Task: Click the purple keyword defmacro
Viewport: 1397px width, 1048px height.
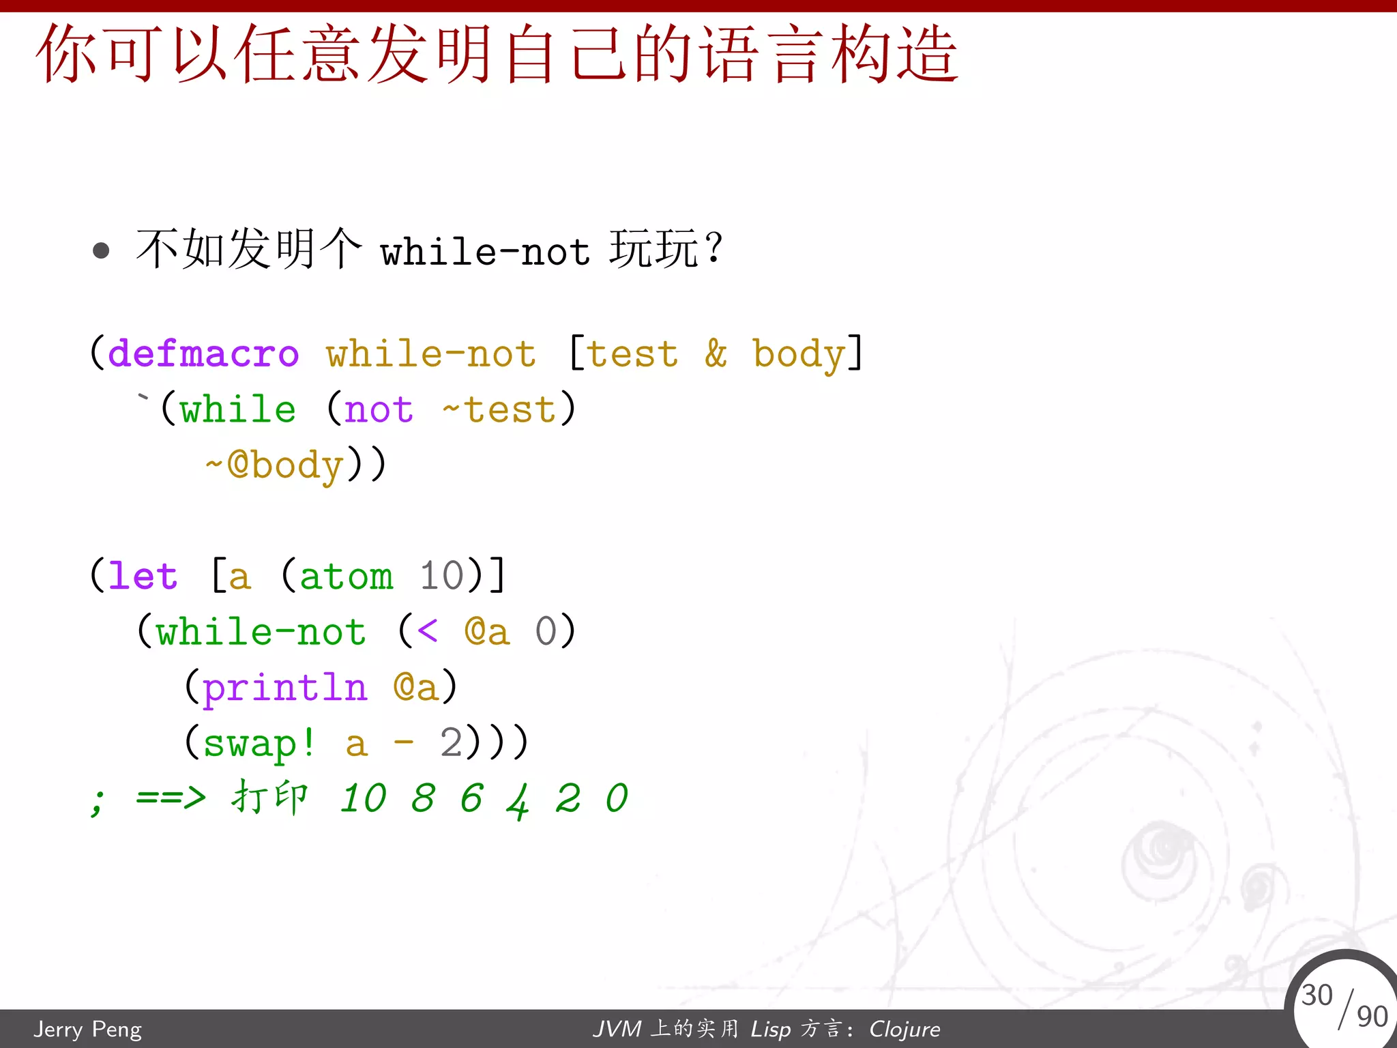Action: coord(203,354)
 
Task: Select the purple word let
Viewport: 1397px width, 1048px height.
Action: coord(143,576)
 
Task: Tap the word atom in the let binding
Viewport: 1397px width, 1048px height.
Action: coord(346,576)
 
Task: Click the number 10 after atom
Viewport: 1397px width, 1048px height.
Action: coord(441,576)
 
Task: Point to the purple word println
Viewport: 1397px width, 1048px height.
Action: coord(285,688)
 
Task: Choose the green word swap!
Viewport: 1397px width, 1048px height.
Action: coord(259,743)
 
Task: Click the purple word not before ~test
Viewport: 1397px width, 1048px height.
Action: coord(379,410)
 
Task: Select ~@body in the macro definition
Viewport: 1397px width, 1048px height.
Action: coord(274,465)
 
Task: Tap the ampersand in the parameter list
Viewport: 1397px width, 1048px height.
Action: coord(716,354)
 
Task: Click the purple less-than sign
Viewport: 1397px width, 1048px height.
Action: coord(427,631)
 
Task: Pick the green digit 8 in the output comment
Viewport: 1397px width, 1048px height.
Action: coord(423,798)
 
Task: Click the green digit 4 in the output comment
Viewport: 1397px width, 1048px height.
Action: coord(518,800)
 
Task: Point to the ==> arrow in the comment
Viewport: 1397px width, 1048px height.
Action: coord(171,797)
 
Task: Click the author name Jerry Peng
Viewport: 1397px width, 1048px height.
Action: coord(88,1029)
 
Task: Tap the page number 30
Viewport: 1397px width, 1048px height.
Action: coord(1317,995)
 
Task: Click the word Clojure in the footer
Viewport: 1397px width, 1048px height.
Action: coord(905,1029)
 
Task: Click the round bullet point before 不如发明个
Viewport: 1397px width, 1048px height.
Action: coord(101,250)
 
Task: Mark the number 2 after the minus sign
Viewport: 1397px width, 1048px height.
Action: coord(451,742)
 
